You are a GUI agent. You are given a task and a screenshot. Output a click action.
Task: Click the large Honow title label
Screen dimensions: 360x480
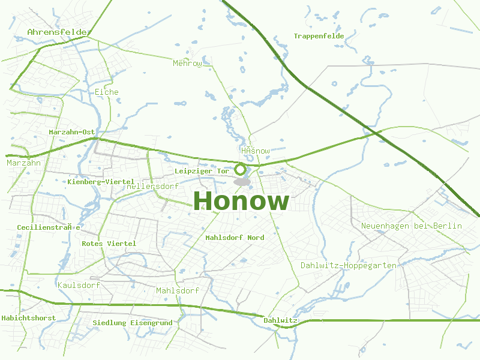[241, 201]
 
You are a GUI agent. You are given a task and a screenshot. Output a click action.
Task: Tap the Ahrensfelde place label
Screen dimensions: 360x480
[58, 32]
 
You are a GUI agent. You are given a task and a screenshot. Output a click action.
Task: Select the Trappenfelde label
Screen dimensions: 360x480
[319, 36]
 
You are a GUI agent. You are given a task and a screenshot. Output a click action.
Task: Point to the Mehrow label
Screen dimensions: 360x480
[187, 63]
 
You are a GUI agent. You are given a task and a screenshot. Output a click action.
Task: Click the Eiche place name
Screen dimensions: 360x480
[107, 92]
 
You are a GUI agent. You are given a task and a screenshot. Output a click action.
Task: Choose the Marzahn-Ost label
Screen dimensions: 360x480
[72, 132]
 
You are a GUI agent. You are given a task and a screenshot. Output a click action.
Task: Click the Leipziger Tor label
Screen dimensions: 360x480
[202, 171]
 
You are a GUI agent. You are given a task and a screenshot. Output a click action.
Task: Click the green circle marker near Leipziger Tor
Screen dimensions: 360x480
[241, 169]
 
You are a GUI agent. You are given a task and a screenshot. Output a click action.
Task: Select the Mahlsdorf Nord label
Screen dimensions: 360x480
[235, 238]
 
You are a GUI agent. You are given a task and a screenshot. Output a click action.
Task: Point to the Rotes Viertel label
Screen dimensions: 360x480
[109, 244]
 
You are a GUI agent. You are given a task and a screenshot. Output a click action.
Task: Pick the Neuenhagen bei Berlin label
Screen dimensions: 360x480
[412, 226]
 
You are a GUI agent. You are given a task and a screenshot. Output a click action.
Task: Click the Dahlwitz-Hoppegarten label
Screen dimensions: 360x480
[348, 265]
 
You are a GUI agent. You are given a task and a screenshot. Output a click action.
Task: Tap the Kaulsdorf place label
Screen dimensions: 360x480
[79, 285]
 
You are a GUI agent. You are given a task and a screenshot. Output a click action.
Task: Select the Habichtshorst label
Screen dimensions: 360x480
[29, 317]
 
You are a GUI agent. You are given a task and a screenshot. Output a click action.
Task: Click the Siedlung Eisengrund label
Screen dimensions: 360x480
[133, 323]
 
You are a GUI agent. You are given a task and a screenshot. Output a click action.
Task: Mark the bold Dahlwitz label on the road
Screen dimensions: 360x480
[280, 320]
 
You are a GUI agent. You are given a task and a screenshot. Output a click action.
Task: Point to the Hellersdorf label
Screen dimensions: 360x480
[153, 187]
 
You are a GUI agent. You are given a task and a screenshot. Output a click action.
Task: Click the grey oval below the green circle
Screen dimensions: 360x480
[242, 181]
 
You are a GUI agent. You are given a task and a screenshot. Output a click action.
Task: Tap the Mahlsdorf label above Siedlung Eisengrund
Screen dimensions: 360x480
[177, 290]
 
